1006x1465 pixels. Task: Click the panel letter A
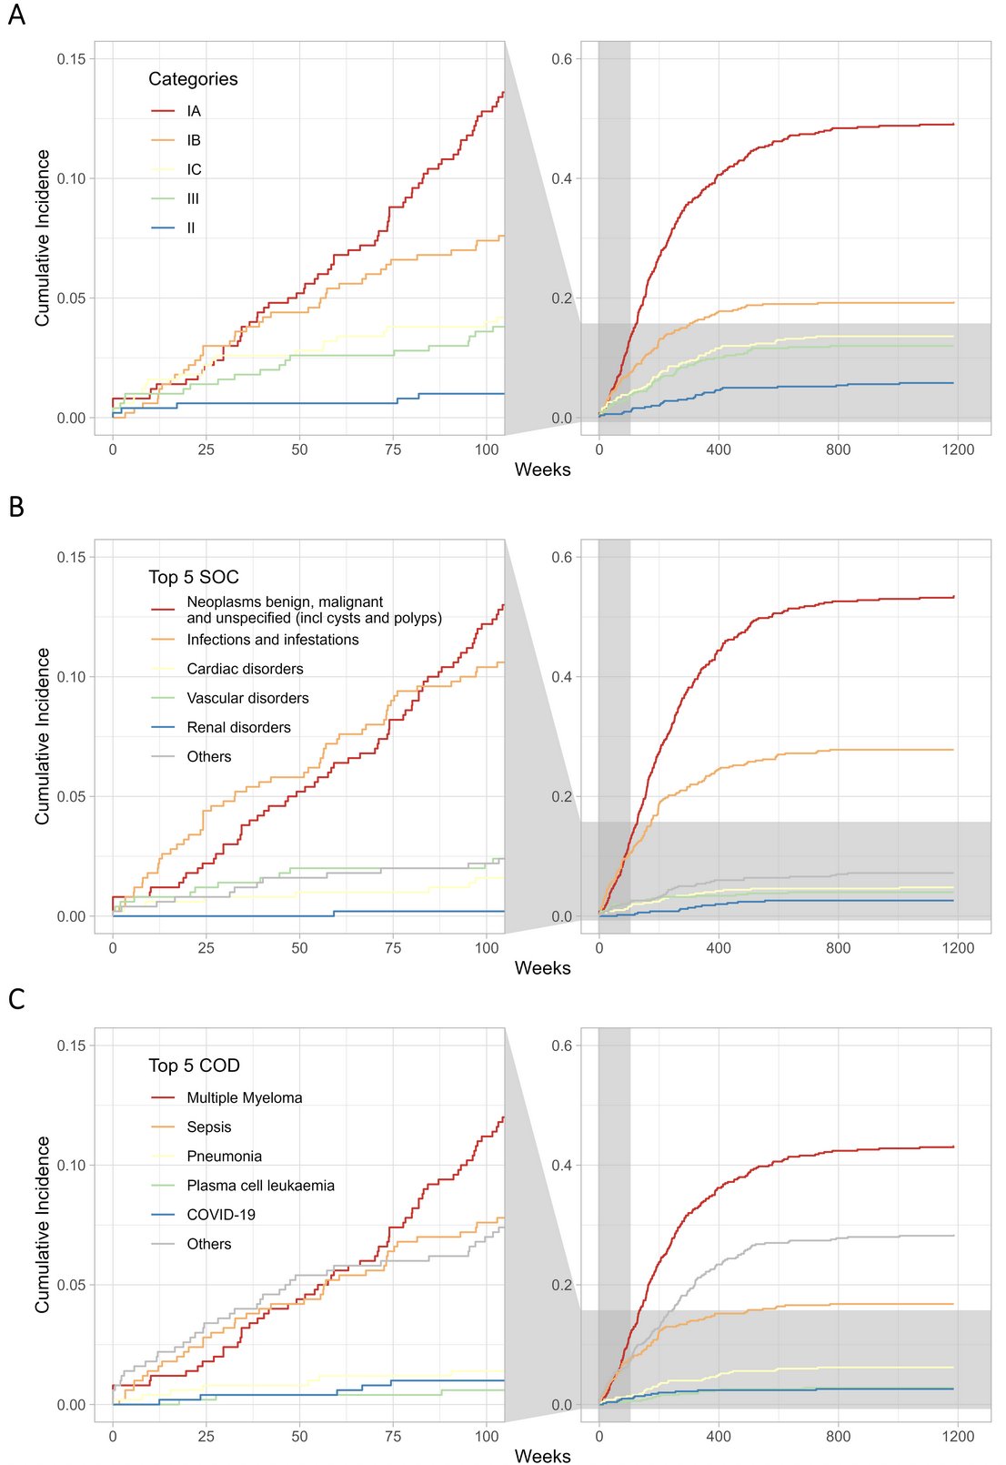(x=16, y=15)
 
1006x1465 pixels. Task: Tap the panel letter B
(x=16, y=507)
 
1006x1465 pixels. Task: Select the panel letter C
(x=16, y=999)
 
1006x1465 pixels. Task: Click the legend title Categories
(x=193, y=79)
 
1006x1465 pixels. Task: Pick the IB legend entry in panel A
(x=193, y=140)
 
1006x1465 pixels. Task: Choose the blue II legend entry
(x=190, y=227)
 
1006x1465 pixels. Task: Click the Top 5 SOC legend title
(x=194, y=577)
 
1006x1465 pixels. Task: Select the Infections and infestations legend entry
(x=272, y=640)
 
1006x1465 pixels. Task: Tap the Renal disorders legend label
(x=238, y=727)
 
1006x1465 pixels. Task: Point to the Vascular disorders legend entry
(x=247, y=698)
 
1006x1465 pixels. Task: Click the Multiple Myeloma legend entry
(x=244, y=1097)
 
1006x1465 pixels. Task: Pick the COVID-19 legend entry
(x=221, y=1214)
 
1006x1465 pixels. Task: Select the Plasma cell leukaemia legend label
(x=260, y=1185)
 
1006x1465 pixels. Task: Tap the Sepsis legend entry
(x=209, y=1127)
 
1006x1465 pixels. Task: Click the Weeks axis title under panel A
(x=542, y=470)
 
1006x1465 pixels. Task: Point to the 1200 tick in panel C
(x=958, y=1436)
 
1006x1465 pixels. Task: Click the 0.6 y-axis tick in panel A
(x=562, y=59)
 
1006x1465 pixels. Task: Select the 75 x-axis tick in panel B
(x=393, y=947)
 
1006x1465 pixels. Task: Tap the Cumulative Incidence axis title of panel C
(x=42, y=1224)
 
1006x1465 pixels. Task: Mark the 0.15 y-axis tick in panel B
(x=71, y=557)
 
